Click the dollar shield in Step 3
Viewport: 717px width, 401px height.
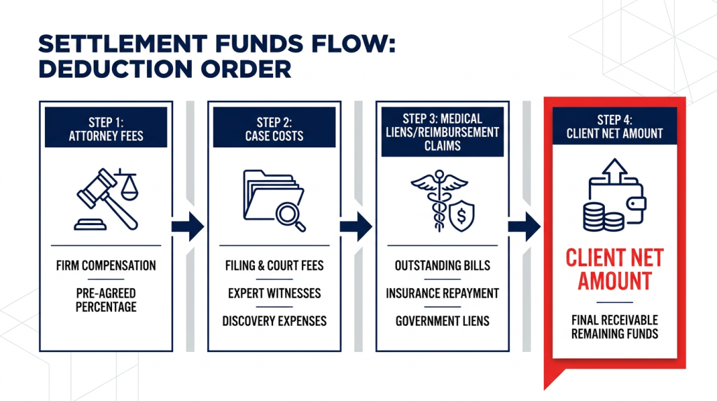click(x=461, y=216)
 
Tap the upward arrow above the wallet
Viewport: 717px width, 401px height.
click(x=615, y=171)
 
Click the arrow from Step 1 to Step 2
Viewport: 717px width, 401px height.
click(x=188, y=226)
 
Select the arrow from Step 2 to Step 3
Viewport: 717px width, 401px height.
click(x=356, y=226)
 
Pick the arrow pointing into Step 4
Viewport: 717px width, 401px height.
click(x=524, y=226)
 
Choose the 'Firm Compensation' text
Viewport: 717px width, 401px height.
click(x=106, y=266)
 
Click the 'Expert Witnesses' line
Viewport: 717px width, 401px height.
click(x=274, y=293)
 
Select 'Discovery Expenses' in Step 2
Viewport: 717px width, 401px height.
click(x=274, y=321)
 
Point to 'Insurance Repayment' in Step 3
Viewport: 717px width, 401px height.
click(x=443, y=293)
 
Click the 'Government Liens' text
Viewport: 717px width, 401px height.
click(x=443, y=321)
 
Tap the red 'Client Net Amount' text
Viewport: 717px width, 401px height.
click(x=615, y=270)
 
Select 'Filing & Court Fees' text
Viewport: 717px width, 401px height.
click(x=274, y=266)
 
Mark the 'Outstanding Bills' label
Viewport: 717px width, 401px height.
click(x=443, y=266)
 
